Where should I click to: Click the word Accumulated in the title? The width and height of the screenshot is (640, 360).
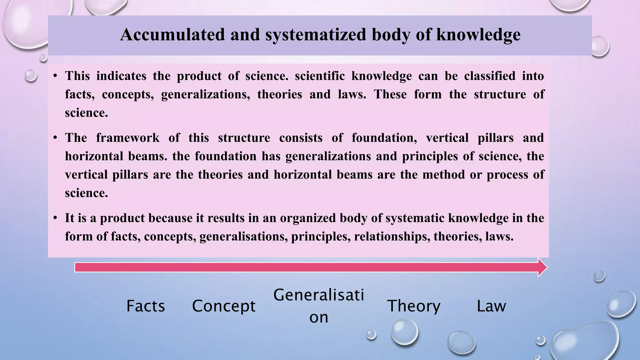(x=172, y=34)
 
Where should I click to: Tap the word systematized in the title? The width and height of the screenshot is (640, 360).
(x=316, y=35)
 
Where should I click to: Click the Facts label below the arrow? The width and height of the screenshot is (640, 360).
(x=146, y=306)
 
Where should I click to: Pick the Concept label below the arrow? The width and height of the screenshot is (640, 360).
(x=224, y=306)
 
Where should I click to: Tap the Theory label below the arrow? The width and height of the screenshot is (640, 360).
(x=414, y=306)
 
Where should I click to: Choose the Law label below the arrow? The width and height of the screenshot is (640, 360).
(x=491, y=306)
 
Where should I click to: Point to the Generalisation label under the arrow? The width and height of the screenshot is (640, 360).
(x=319, y=306)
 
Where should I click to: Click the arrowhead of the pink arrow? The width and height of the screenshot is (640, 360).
(x=542, y=267)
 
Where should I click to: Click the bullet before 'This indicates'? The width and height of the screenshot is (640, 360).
(x=55, y=76)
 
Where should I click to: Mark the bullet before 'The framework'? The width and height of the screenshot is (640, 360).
(x=55, y=138)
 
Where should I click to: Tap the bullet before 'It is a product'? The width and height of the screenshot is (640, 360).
(x=55, y=218)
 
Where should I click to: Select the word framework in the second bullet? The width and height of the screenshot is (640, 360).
(x=127, y=138)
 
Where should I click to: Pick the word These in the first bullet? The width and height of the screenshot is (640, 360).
(x=390, y=94)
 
